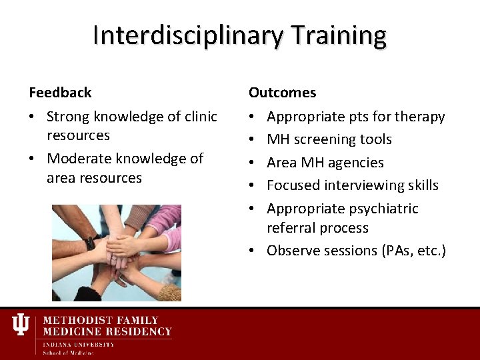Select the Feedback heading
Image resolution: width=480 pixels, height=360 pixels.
60,93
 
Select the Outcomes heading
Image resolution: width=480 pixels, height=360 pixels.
282,93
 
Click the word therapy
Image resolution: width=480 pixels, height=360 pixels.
419,117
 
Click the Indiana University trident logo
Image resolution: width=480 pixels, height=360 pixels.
21,325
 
